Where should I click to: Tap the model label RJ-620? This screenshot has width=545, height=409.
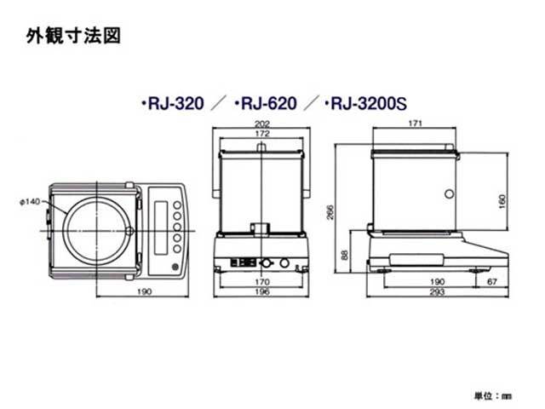click(264, 105)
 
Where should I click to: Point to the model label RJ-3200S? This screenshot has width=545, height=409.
click(365, 105)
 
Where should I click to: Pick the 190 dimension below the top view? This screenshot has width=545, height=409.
click(144, 292)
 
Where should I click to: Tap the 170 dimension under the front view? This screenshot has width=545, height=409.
click(261, 282)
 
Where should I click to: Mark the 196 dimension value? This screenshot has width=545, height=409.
click(261, 292)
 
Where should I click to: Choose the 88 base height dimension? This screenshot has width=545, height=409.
click(343, 254)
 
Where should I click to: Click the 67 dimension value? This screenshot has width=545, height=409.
click(493, 282)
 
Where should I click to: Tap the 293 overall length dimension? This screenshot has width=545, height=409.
click(437, 292)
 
